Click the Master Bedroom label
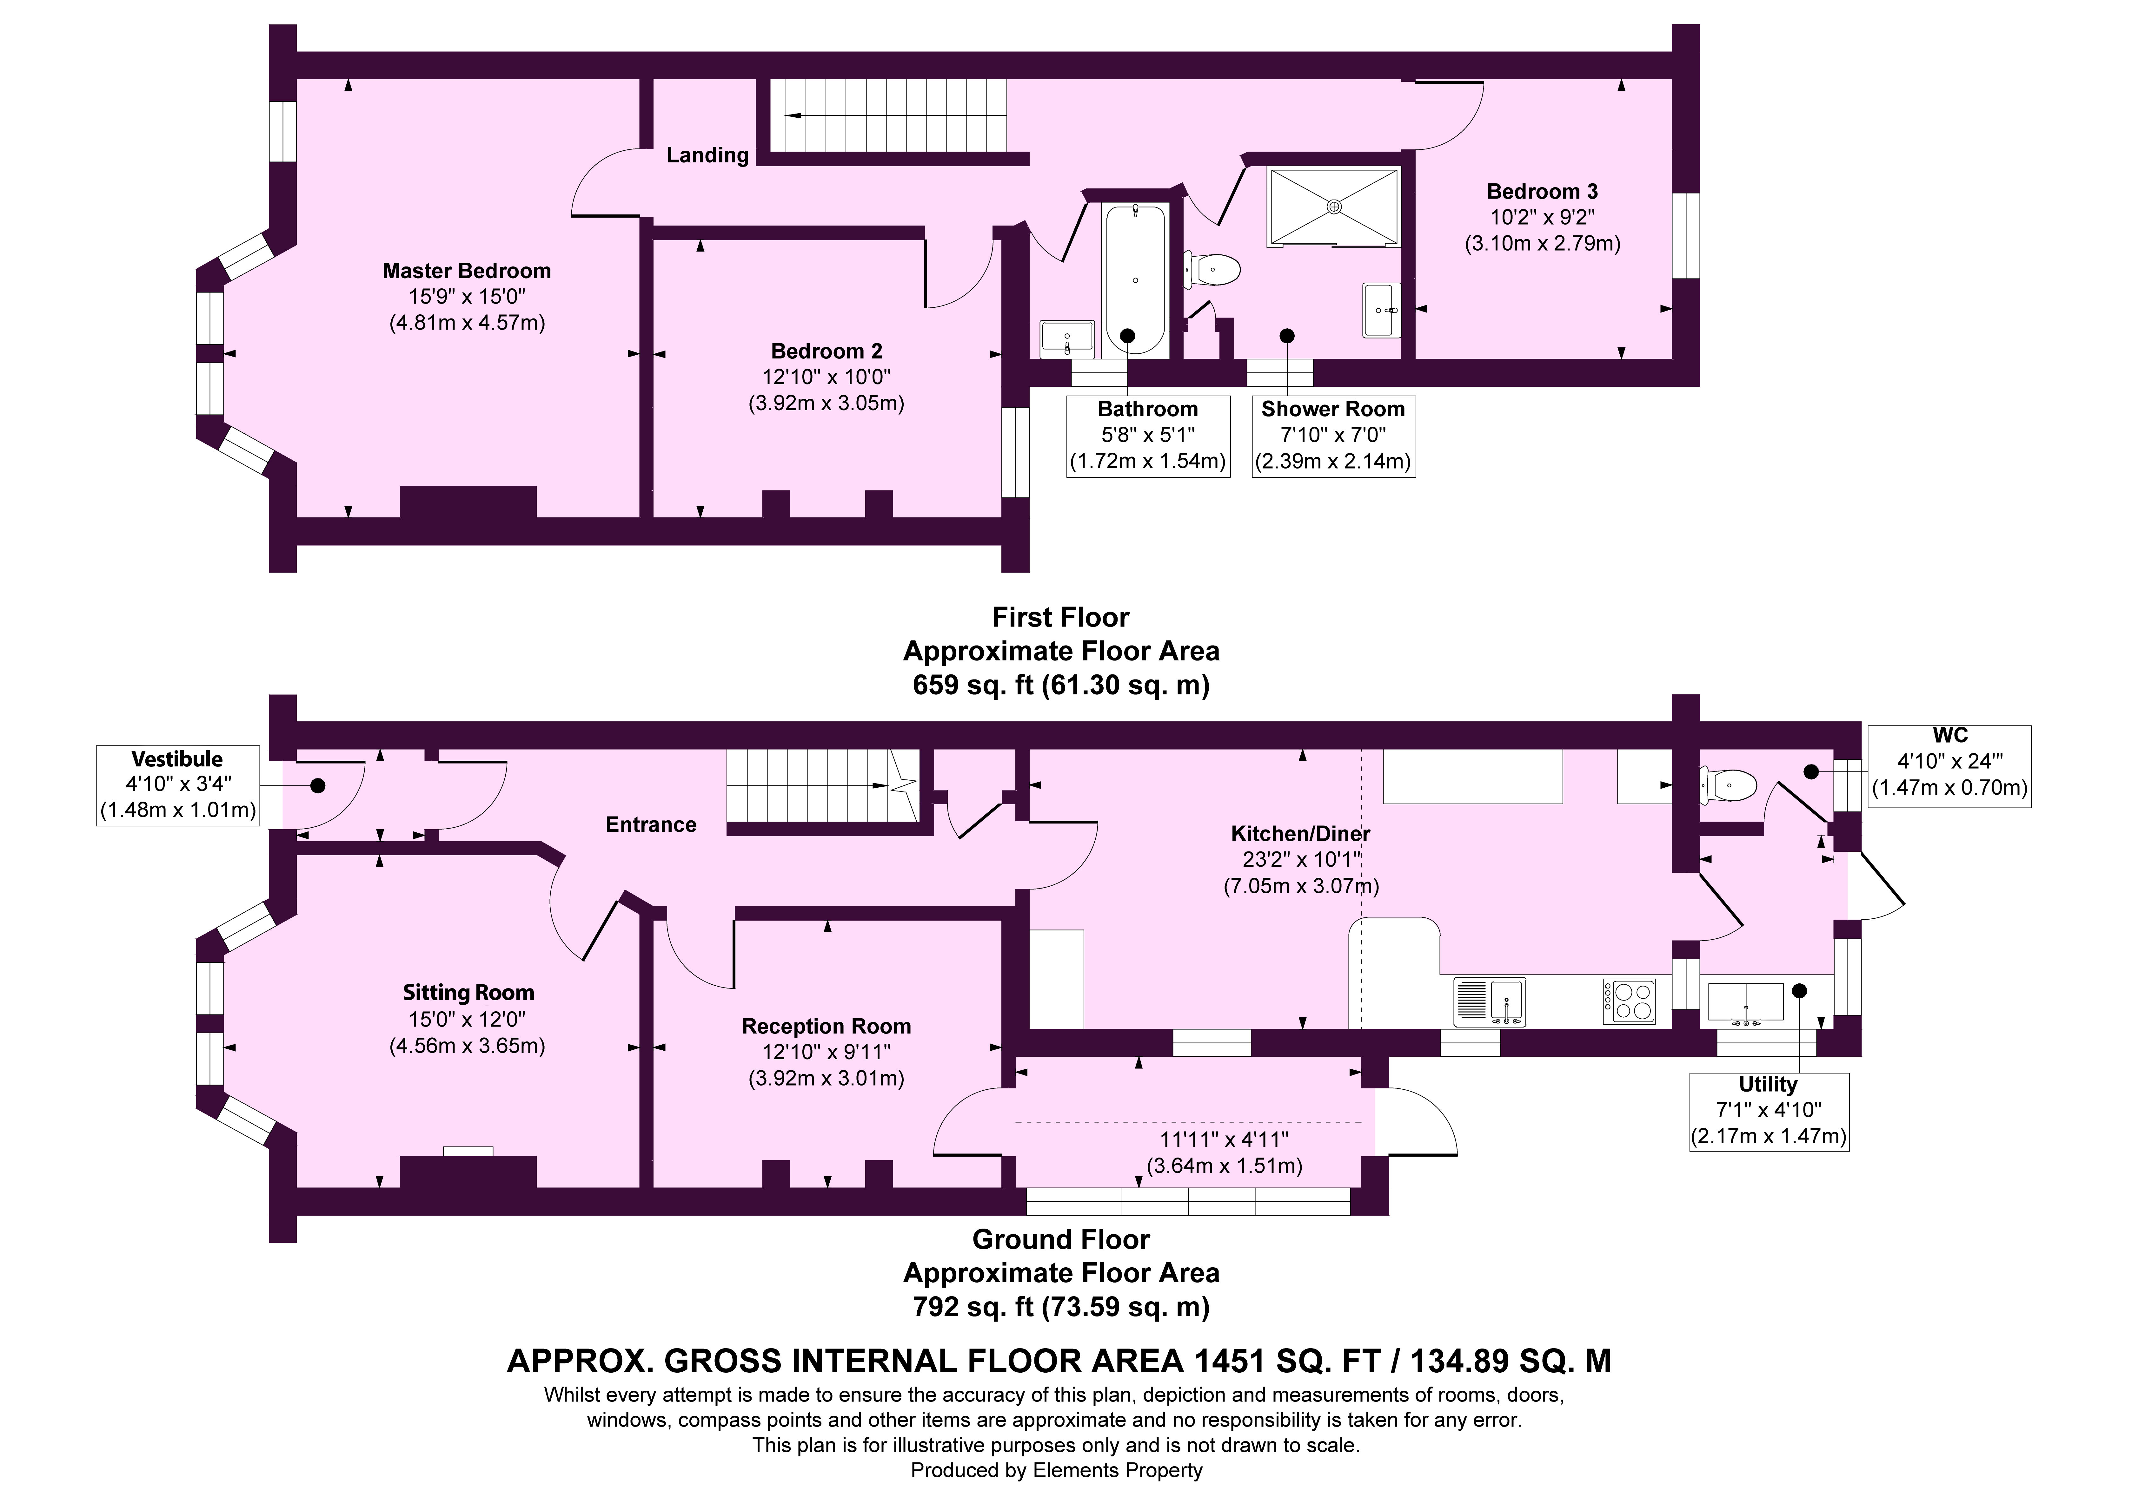pos(467,271)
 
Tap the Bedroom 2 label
pos(826,351)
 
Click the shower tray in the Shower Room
pos(1333,207)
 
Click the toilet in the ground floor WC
pos(1728,786)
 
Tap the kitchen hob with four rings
pos(1629,1002)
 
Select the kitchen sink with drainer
pos(1489,1002)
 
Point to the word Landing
pos(708,155)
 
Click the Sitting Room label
pos(468,992)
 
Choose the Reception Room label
pos(826,1026)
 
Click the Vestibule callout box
pos(177,785)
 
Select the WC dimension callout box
pos(1950,766)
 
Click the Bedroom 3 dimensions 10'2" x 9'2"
pos(1542,218)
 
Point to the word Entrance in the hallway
pos(651,825)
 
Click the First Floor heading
pos(1061,617)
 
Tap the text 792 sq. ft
pos(973,1307)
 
